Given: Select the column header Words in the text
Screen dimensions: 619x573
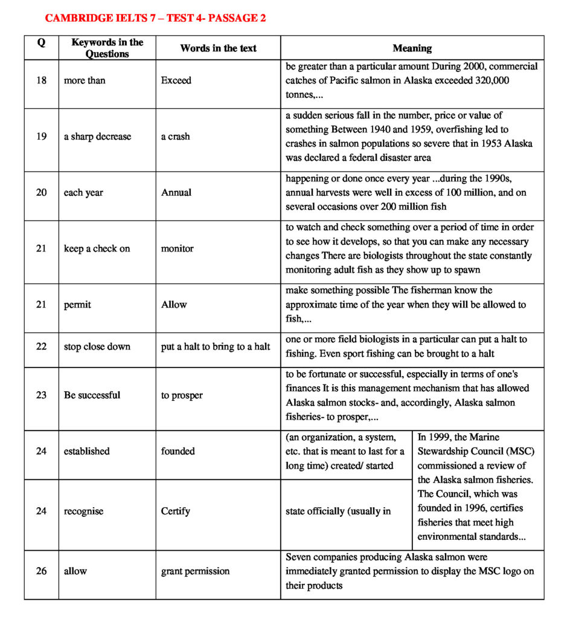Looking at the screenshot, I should click(218, 48).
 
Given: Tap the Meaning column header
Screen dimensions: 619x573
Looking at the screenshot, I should click(412, 48).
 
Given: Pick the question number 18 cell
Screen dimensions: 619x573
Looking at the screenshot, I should click(41, 80).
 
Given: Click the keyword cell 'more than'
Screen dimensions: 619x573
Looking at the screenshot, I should click(85, 80).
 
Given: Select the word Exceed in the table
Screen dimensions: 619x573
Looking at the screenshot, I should click(176, 80).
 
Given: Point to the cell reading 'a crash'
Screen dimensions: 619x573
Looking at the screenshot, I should click(175, 137).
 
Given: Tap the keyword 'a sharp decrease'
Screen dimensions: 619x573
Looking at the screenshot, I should click(97, 137).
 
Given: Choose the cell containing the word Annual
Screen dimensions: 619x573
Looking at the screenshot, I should click(176, 193).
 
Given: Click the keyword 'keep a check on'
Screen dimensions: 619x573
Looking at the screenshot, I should click(97, 248).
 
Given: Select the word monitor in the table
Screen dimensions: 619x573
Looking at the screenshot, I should click(177, 248).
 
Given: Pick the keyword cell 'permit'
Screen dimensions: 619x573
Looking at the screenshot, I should click(77, 305).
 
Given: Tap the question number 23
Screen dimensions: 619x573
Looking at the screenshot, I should click(41, 395).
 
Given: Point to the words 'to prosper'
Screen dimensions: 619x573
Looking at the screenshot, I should click(182, 395).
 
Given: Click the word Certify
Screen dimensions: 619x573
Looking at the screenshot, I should click(175, 511).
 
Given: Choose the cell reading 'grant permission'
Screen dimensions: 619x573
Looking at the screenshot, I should click(195, 571).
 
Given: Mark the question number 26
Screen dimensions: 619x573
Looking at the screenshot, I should click(41, 571).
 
